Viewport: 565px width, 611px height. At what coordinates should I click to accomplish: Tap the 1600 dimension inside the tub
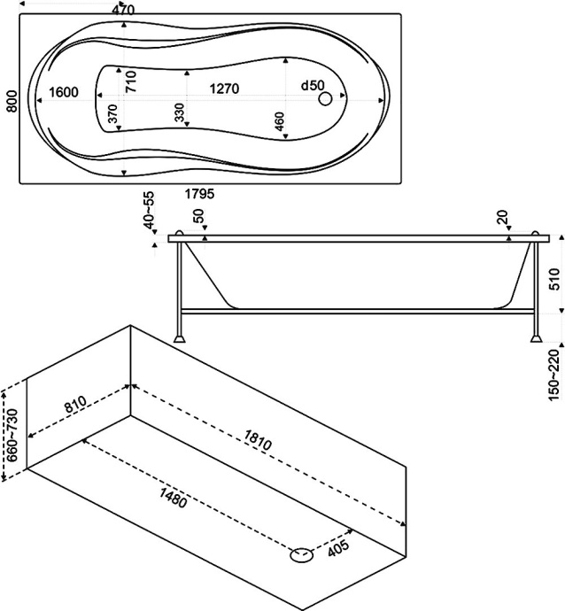coord(66,92)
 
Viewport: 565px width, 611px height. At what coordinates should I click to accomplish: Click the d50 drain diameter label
coord(312,86)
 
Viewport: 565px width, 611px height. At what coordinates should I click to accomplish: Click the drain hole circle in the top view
coord(326,99)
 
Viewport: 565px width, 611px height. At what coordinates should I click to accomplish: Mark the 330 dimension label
coord(179,112)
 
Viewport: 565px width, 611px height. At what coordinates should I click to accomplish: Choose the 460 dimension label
coord(279,121)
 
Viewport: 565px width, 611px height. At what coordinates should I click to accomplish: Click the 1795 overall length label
coord(198,193)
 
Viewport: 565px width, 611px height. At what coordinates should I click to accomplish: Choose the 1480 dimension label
coord(174,499)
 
